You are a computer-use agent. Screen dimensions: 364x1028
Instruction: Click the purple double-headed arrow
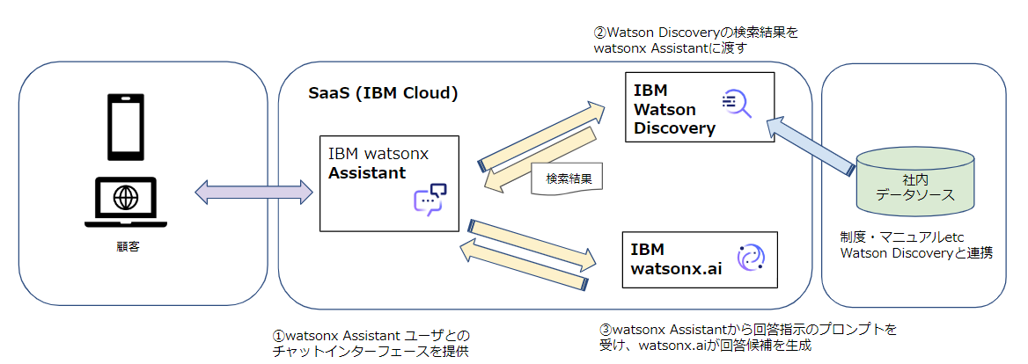[253, 192]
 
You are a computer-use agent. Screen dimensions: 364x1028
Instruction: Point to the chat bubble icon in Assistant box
[430, 200]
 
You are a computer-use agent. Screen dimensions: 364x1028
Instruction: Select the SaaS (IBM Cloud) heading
[383, 92]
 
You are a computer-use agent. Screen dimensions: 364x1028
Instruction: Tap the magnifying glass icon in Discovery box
[736, 104]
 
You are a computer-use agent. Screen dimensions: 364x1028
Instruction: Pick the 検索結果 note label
[568, 178]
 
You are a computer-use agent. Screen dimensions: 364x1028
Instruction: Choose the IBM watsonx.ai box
[700, 259]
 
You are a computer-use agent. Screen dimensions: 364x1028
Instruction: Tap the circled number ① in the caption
[279, 335]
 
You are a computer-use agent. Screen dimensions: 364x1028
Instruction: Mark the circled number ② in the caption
[601, 33]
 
